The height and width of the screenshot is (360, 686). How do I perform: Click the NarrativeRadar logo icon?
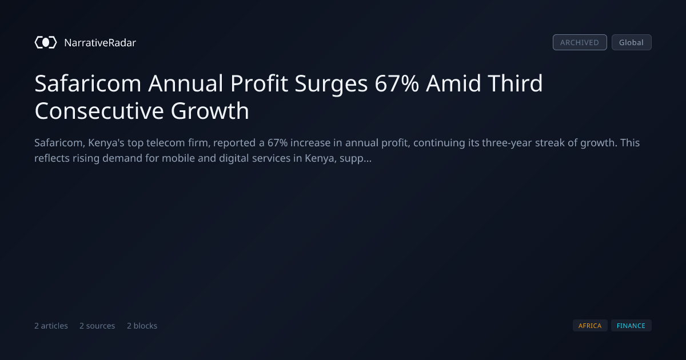click(x=46, y=42)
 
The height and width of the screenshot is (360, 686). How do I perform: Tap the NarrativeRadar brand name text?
click(x=100, y=43)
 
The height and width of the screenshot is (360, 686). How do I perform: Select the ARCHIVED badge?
click(x=580, y=42)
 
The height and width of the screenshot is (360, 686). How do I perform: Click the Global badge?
click(x=632, y=42)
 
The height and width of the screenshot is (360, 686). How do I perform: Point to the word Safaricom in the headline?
click(x=88, y=83)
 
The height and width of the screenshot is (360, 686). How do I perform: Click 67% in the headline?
click(x=397, y=83)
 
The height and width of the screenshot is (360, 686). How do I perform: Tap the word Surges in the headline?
click(x=331, y=84)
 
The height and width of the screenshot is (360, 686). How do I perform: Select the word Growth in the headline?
click(x=210, y=111)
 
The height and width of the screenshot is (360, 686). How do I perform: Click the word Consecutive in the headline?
click(x=99, y=111)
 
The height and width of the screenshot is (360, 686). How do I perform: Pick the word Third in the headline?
click(x=515, y=83)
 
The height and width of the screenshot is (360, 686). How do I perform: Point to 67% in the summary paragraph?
click(x=277, y=143)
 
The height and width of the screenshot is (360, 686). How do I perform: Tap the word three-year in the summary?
click(x=507, y=143)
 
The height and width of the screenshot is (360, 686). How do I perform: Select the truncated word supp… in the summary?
click(x=356, y=159)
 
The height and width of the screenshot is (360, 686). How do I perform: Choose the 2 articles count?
click(x=51, y=326)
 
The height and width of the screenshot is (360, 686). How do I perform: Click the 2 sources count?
click(x=97, y=326)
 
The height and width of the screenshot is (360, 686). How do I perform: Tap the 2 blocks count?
click(x=142, y=326)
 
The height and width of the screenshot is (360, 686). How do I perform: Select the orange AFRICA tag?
click(x=590, y=326)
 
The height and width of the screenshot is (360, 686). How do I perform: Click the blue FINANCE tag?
click(x=631, y=326)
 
